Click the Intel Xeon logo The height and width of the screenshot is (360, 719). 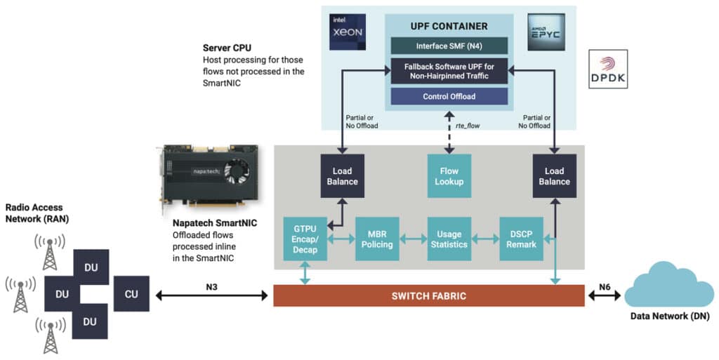348,32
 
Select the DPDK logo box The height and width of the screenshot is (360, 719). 607,69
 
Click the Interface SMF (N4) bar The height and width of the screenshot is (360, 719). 449,47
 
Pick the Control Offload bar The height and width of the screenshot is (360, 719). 449,96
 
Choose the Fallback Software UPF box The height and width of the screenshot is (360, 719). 449,72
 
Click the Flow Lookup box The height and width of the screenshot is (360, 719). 449,176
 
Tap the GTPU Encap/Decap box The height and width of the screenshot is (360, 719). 305,239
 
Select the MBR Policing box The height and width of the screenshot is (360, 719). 377,239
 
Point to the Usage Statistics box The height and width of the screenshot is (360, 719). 449,239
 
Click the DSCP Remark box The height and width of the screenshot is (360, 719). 521,239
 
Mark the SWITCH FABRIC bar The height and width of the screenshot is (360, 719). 428,295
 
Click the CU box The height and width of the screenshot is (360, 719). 131,294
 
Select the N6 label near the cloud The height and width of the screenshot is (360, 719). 605,286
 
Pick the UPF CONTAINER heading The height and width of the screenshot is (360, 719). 449,26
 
